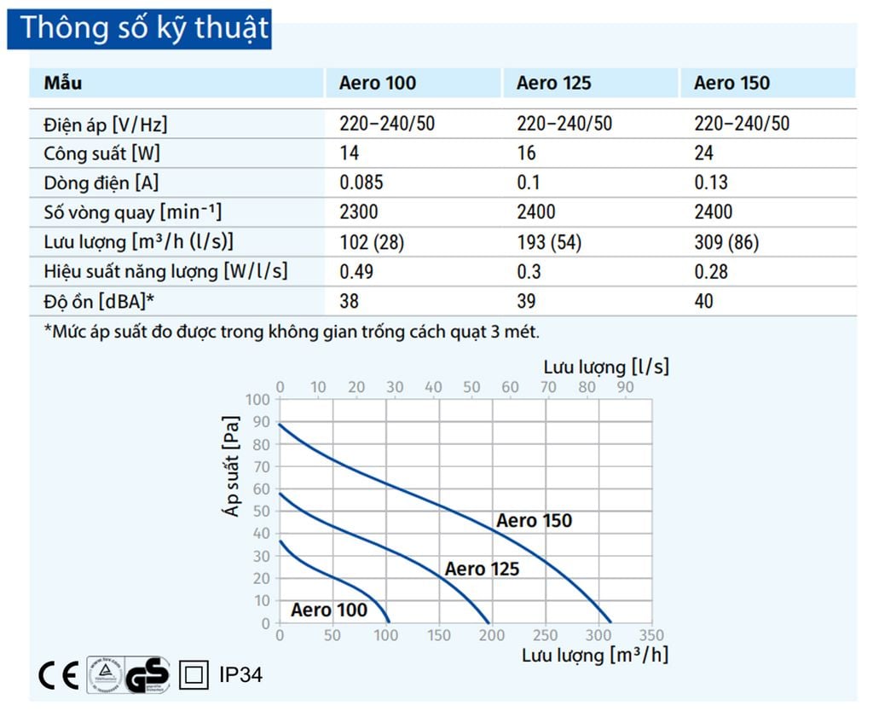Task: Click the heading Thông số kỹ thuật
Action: (143, 28)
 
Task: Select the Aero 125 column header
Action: (553, 84)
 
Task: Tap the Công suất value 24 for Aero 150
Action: (704, 153)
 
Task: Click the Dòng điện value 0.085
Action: (361, 182)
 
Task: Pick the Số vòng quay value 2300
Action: (358, 212)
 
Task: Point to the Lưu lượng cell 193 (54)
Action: (548, 242)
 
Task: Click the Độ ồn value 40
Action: (704, 301)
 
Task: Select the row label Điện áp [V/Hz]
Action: (106, 124)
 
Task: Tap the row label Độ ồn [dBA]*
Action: (99, 301)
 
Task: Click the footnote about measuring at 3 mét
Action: (292, 331)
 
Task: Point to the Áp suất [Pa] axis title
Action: (230, 465)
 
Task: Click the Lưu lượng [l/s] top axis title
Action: (605, 367)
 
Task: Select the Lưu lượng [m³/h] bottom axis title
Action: (594, 655)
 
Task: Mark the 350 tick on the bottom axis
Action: (650, 636)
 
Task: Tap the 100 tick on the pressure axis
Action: (257, 400)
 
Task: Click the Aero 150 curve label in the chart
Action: (535, 521)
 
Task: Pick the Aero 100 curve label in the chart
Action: (328, 610)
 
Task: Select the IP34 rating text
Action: (240, 676)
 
